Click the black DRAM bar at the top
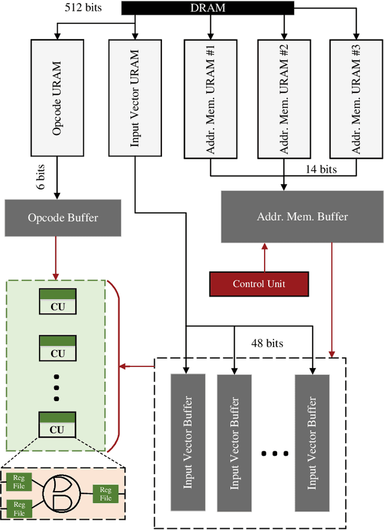click(x=208, y=8)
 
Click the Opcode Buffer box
click(x=63, y=217)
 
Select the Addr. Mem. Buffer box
click(x=302, y=216)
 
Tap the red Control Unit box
click(x=259, y=284)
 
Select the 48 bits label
click(x=267, y=344)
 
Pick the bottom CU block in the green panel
click(x=57, y=424)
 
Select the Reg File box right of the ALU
click(x=106, y=494)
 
